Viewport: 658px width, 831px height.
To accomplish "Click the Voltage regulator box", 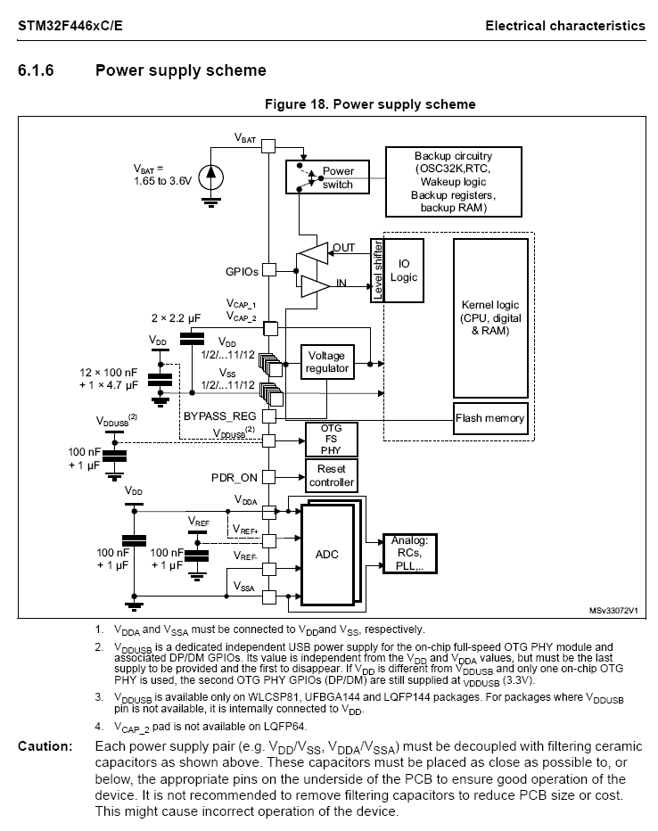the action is pyautogui.click(x=327, y=363).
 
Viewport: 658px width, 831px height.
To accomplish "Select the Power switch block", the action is pyautogui.click(x=327, y=177).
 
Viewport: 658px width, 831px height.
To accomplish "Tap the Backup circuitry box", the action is pyautogui.click(x=454, y=182).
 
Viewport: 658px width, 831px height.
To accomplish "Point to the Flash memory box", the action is pyautogui.click(x=490, y=418).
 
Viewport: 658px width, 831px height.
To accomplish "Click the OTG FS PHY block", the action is pyautogui.click(x=331, y=440).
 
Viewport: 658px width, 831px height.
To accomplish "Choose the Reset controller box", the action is pyautogui.click(x=331, y=475).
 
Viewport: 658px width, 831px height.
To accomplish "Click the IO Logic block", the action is pyautogui.click(x=403, y=270).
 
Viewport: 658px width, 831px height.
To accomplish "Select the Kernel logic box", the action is pyautogui.click(x=490, y=318).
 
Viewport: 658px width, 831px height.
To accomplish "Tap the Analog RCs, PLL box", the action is pyautogui.click(x=409, y=554).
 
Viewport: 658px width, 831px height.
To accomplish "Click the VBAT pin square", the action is pyautogui.click(x=268, y=145).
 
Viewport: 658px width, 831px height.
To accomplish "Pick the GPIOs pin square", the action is pyautogui.click(x=269, y=270).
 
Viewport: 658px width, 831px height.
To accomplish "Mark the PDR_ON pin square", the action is pyautogui.click(x=269, y=477).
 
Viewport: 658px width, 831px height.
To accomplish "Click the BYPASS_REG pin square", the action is pyautogui.click(x=269, y=416).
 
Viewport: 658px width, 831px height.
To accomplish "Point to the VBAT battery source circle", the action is pyautogui.click(x=210, y=177).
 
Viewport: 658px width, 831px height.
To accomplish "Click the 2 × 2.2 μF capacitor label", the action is pyautogui.click(x=176, y=318).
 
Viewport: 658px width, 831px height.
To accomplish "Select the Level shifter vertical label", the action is pyautogui.click(x=377, y=270).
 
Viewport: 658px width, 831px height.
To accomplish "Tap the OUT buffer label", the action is pyautogui.click(x=343, y=248).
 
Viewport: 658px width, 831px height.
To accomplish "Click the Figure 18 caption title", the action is pyautogui.click(x=370, y=103).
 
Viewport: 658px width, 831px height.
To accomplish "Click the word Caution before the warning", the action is pyautogui.click(x=45, y=746).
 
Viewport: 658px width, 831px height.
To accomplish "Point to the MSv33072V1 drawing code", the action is pyautogui.click(x=613, y=611).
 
